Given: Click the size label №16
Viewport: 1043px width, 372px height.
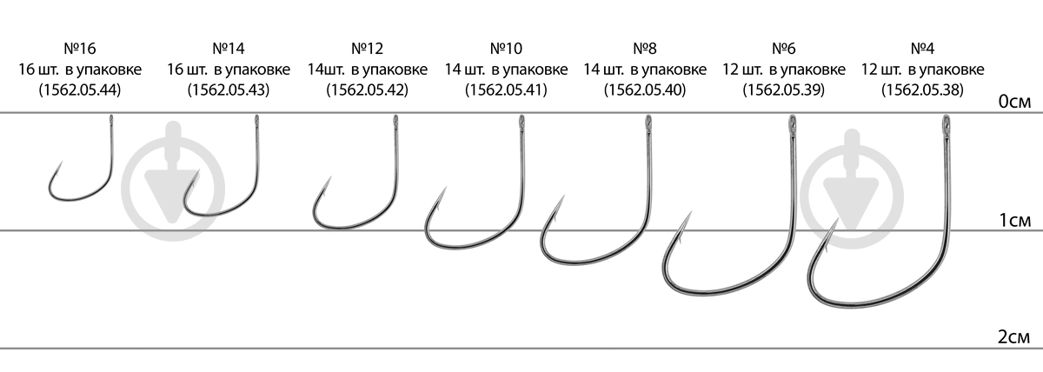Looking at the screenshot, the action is coord(80,49).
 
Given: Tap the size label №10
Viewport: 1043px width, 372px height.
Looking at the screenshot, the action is coord(506,49).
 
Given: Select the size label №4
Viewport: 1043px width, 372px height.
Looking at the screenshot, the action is coord(922,49).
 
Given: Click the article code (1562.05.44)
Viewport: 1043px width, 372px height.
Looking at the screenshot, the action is coord(80,90).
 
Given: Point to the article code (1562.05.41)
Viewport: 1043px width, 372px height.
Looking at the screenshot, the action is coord(506,90).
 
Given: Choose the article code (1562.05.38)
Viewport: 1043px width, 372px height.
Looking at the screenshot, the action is coord(922,90).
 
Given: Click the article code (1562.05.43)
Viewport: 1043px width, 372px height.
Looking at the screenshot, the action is coord(228,90).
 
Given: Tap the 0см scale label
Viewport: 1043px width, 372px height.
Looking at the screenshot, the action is coord(1014,102).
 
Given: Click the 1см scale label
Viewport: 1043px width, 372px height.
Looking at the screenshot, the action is coord(1014,220).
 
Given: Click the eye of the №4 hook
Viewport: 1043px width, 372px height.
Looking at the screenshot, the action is coord(946,124).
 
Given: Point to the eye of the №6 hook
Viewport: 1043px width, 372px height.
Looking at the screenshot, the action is coord(792,124).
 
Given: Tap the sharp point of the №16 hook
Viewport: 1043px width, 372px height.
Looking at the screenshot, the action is coord(62,162).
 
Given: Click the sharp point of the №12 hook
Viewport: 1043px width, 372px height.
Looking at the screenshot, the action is coord(330,177).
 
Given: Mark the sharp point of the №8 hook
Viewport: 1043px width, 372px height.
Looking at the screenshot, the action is coord(564,196).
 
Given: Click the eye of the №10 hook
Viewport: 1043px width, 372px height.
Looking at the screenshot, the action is coord(522,123).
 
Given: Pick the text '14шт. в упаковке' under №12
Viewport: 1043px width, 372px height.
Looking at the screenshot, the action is coord(367,70).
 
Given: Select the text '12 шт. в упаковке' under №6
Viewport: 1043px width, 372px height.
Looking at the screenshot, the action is coord(784,70).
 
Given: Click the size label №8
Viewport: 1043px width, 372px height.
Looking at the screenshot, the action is coord(645,49).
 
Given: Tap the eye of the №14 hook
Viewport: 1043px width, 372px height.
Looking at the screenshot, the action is coord(256,121).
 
